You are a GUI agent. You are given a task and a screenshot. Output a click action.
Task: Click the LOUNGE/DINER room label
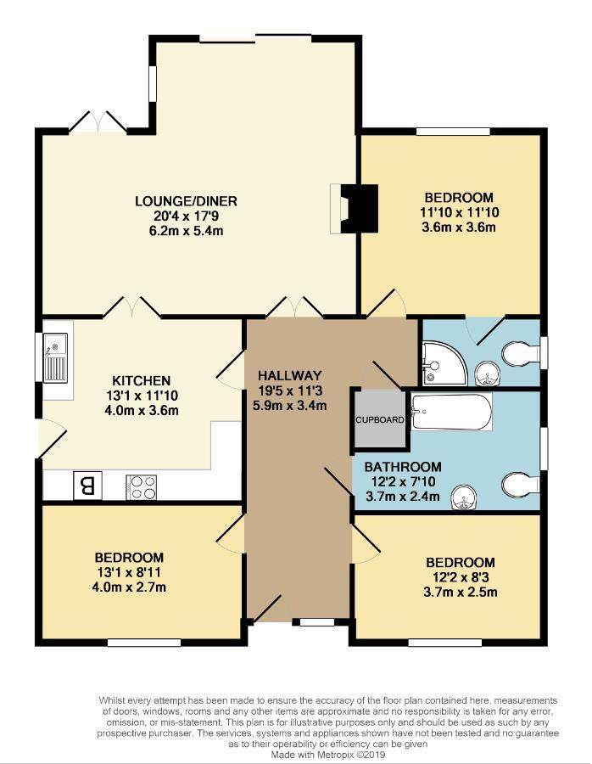click(186, 201)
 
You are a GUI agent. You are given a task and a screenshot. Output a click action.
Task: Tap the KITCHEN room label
click(142, 380)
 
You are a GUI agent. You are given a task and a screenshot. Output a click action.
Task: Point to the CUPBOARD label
click(379, 419)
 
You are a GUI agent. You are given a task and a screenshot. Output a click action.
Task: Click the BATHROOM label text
click(403, 467)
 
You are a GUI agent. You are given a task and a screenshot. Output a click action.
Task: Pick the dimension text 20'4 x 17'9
click(186, 216)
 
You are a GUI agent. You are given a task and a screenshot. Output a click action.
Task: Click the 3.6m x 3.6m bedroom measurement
click(458, 227)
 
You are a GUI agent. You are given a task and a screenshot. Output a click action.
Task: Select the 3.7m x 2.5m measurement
click(460, 592)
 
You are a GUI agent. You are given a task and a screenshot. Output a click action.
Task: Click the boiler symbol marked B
click(87, 486)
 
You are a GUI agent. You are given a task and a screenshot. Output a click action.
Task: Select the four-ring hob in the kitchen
click(141, 486)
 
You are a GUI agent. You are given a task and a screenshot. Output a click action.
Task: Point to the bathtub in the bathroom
click(451, 413)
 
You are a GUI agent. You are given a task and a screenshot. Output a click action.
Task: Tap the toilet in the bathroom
click(519, 485)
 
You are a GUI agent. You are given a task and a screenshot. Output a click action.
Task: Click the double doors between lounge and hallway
click(291, 308)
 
